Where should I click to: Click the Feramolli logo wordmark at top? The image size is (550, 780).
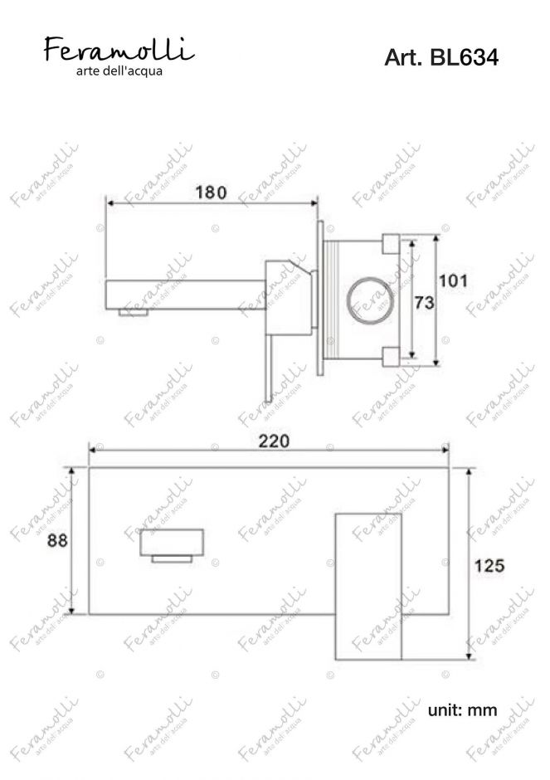click(x=119, y=49)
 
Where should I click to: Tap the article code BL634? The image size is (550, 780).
click(x=464, y=58)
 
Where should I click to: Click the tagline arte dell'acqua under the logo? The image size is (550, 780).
click(x=119, y=71)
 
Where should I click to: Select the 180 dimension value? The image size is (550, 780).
click(x=211, y=192)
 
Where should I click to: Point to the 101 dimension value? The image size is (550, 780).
click(x=453, y=280)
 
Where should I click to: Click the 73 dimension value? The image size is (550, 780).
click(x=424, y=302)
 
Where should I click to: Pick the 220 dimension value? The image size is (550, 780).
click(x=274, y=441)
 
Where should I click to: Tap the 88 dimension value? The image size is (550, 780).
click(x=57, y=539)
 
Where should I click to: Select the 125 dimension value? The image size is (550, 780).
click(x=489, y=565)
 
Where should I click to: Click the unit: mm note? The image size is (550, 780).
click(x=462, y=709)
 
